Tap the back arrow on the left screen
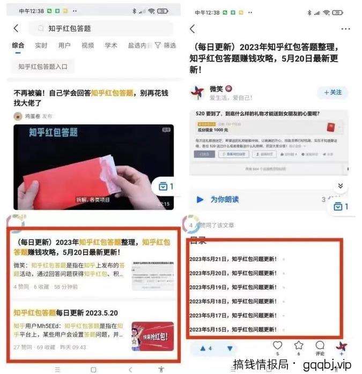(x=16, y=28)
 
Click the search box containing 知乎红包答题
(x=102, y=28)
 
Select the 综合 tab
(x=18, y=46)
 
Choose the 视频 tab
(x=87, y=46)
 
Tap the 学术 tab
(x=111, y=46)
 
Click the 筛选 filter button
(x=165, y=46)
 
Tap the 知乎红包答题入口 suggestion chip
(x=43, y=66)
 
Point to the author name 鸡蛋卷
(x=32, y=116)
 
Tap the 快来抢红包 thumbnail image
(x=152, y=336)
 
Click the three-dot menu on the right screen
(x=345, y=29)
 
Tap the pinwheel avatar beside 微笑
(x=197, y=92)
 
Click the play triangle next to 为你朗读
(x=200, y=199)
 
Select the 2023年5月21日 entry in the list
(x=233, y=259)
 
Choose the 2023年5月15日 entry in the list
(x=233, y=329)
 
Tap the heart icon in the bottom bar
(x=277, y=346)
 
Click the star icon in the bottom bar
(x=299, y=346)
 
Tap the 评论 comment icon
(x=320, y=346)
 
